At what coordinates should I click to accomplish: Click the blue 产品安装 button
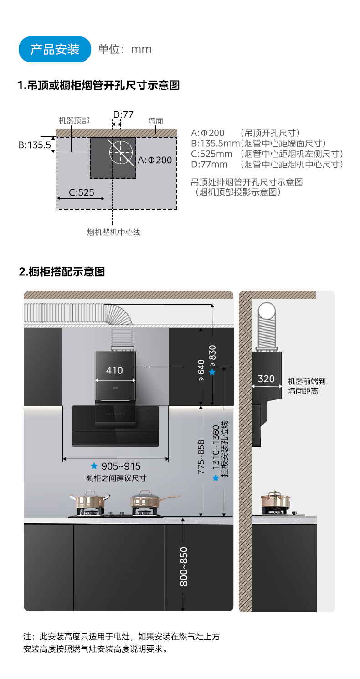click(x=55, y=49)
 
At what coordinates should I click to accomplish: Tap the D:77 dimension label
click(x=123, y=114)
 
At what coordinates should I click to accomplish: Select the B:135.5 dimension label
click(x=34, y=145)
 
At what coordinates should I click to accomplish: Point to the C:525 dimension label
click(x=82, y=192)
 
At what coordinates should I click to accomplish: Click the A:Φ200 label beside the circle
click(x=154, y=160)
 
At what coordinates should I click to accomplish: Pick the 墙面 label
click(x=155, y=121)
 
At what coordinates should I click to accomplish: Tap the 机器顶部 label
click(x=74, y=121)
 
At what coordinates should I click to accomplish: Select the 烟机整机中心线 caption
click(x=113, y=232)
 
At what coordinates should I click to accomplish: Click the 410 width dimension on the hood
click(x=114, y=370)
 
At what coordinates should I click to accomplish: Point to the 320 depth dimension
click(x=266, y=378)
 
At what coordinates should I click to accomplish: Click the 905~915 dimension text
click(x=121, y=466)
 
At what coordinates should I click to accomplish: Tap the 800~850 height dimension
click(x=184, y=566)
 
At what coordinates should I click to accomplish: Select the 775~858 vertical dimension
click(x=201, y=456)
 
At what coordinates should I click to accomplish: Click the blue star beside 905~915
click(x=94, y=466)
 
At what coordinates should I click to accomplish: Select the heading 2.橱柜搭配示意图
click(x=62, y=272)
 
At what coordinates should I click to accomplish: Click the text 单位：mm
click(x=125, y=49)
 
